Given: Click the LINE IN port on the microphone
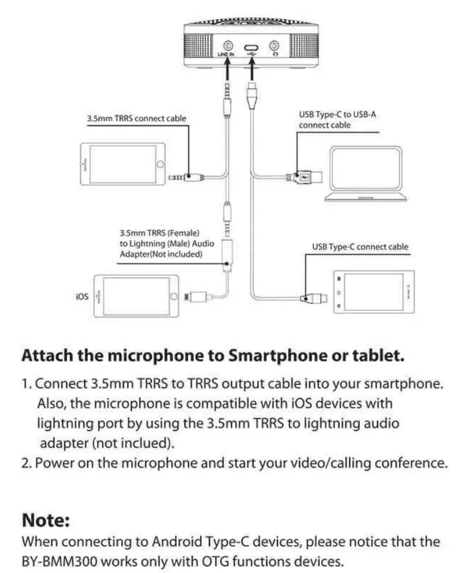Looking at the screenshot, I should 228,45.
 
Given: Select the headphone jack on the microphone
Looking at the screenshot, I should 274,45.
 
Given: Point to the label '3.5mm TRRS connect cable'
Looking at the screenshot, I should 137,119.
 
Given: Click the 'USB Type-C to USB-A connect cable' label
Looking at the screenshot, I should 337,119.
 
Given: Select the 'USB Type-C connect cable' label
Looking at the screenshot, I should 360,247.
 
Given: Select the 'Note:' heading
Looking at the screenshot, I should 46,521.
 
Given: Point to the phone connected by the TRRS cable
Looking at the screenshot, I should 122,164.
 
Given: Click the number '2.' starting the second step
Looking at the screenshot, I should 27,463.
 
